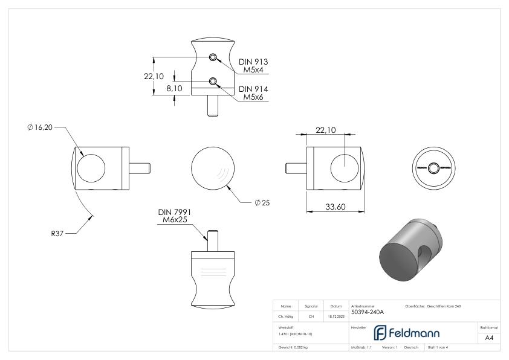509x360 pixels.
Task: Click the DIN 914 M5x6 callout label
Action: (253, 93)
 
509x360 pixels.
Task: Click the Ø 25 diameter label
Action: (262, 202)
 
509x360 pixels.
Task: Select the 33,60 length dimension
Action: (336, 207)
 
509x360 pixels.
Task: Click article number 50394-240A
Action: (368, 312)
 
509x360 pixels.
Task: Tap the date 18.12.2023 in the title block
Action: (336, 316)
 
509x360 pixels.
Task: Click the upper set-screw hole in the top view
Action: (213, 57)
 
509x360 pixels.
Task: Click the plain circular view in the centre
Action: (213, 167)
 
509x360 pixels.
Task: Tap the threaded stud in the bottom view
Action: (212, 239)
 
